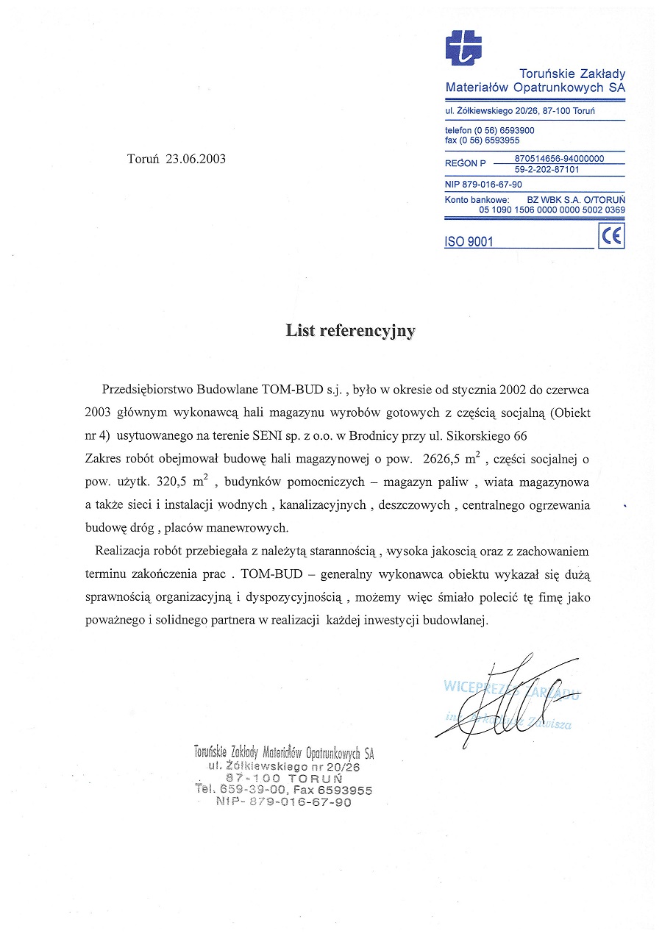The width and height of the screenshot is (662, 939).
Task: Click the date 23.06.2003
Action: (196, 159)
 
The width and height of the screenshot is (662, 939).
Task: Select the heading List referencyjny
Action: (350, 331)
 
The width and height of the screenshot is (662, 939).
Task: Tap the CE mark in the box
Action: (611, 236)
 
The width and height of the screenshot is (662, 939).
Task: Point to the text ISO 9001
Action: (469, 242)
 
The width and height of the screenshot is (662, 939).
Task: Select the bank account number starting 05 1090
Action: (552, 210)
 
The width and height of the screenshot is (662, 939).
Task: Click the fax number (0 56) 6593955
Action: (491, 140)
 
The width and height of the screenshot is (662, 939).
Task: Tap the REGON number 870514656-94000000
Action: (559, 158)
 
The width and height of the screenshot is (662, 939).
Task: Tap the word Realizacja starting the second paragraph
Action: (121, 551)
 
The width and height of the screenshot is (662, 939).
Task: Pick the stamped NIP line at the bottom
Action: (284, 802)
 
